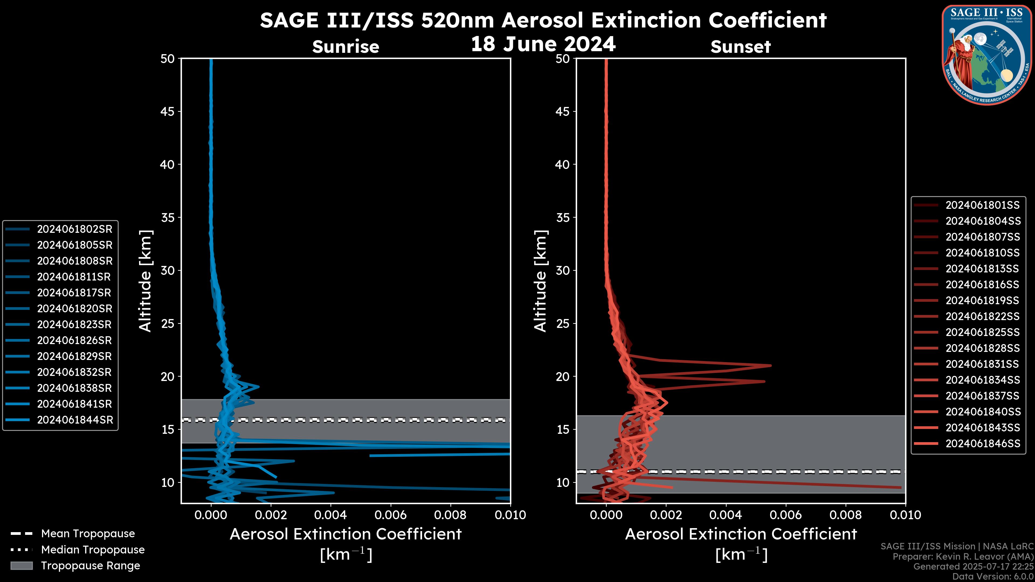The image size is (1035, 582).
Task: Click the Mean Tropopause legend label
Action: pyautogui.click(x=88, y=533)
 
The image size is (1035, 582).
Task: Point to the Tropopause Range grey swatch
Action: pyautogui.click(x=21, y=566)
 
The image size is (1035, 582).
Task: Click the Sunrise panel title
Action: pyautogui.click(x=346, y=47)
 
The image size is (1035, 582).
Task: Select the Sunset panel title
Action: pyautogui.click(x=740, y=47)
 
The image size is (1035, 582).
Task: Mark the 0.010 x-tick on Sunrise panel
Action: pyautogui.click(x=510, y=515)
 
